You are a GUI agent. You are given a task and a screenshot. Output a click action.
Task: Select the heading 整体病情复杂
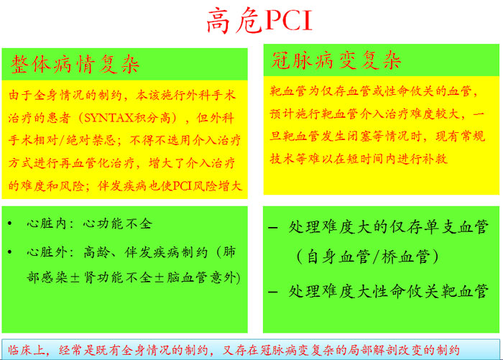pyautogui.click(x=75, y=64)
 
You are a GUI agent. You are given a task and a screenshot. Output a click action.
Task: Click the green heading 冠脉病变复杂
pyautogui.click(x=336, y=60)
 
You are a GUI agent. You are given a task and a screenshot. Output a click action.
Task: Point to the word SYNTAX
pyautogui.click(x=109, y=118)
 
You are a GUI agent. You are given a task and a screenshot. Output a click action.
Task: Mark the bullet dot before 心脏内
pyautogui.click(x=10, y=223)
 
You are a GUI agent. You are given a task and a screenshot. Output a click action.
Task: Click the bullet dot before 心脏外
pyautogui.click(x=10, y=252)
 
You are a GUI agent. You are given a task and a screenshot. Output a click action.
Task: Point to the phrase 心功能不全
pyautogui.click(x=117, y=223)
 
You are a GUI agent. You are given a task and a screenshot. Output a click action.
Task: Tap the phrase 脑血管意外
pyautogui.click(x=200, y=277)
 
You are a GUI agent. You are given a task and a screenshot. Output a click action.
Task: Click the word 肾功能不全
pyautogui.click(x=117, y=277)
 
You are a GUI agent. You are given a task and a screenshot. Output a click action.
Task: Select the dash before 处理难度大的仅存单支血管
pyautogui.click(x=272, y=228)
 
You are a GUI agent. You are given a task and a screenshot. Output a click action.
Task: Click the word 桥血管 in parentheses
pyautogui.click(x=405, y=257)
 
